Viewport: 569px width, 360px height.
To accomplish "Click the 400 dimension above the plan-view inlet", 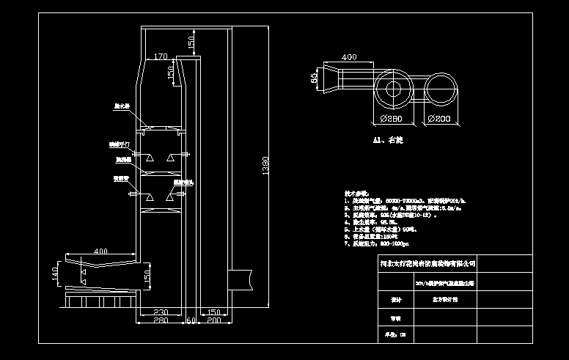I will coord(349,56).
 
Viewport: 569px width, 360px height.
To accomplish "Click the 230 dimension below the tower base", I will coord(161,313).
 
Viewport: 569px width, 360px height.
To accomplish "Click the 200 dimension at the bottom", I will coord(215,321).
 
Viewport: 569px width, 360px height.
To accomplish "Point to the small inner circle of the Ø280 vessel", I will coord(392,89).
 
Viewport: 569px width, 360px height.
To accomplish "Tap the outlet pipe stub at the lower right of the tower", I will coord(241,279).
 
